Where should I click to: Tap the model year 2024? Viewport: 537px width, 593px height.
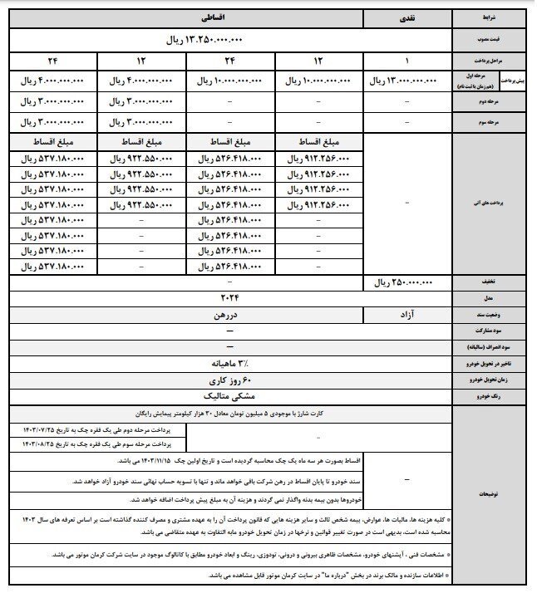pos(229,297)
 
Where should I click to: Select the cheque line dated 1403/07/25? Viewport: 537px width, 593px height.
pos(99,429)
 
